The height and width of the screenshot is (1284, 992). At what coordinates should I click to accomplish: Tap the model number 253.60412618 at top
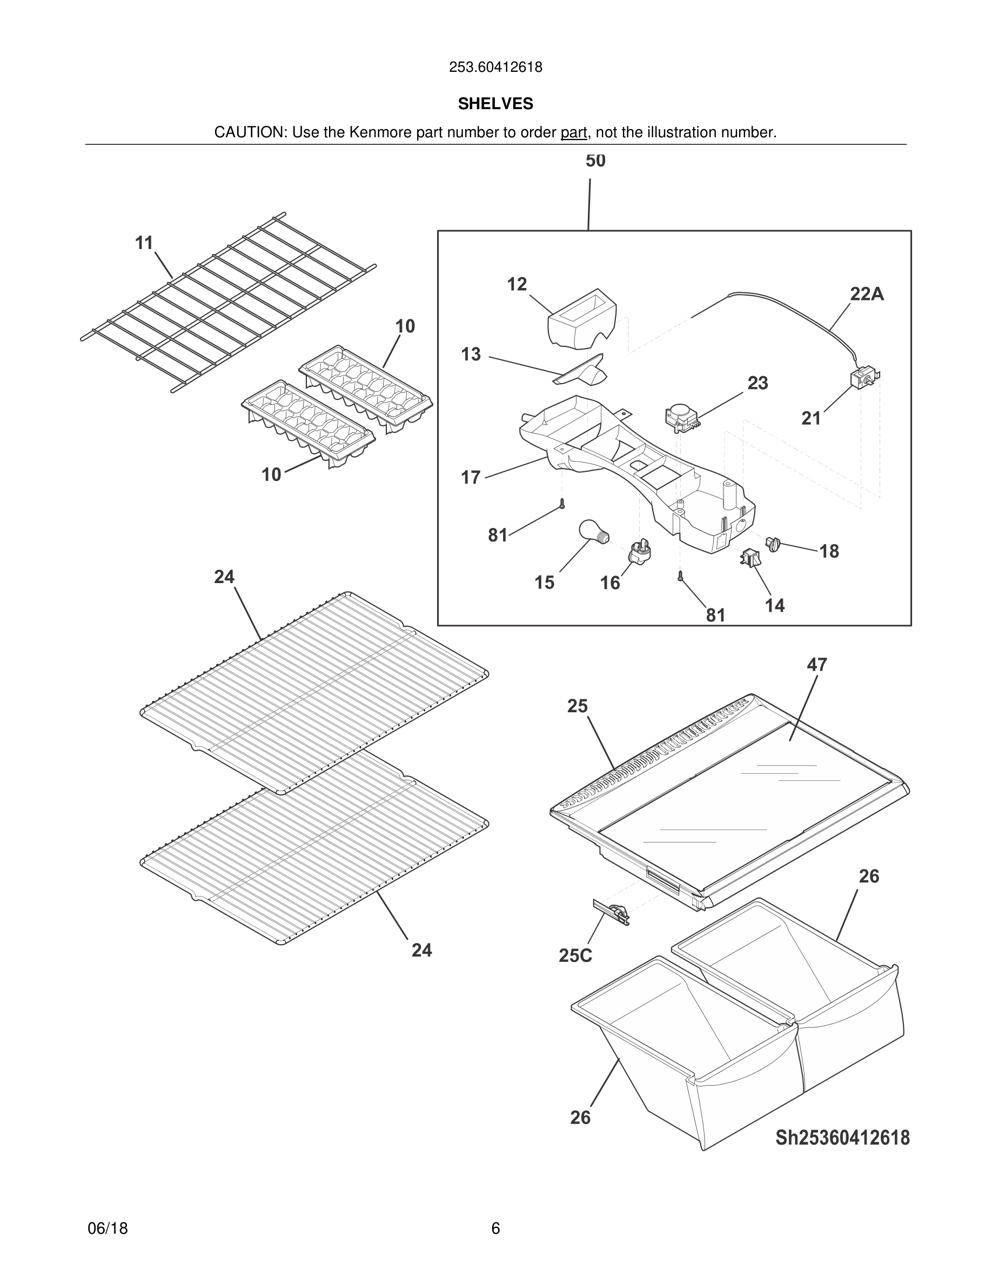tap(495, 68)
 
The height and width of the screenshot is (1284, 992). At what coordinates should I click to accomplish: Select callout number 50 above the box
tap(595, 160)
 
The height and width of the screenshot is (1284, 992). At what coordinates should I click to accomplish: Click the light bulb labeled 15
tap(593, 532)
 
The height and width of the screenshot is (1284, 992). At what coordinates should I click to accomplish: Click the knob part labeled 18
tap(773, 543)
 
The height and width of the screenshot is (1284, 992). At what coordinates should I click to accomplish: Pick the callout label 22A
tap(866, 294)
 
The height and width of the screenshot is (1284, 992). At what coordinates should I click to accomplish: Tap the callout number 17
tap(471, 477)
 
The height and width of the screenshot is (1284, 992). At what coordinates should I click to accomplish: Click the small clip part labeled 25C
tap(612, 912)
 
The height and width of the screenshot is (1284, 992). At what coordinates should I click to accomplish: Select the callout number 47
tap(816, 664)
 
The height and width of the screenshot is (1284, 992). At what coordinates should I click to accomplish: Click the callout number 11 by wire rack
tap(144, 243)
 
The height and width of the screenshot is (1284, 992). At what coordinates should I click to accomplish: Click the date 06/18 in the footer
tap(108, 1228)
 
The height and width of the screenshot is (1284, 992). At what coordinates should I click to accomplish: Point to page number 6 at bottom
tap(495, 1228)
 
